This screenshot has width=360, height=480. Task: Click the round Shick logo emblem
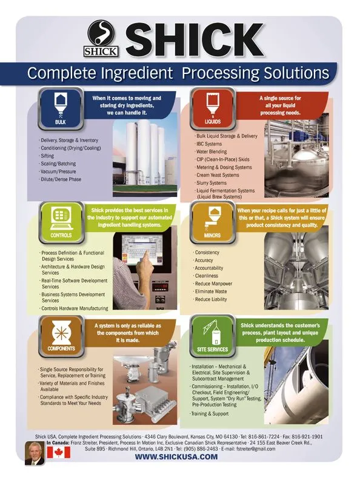pyautogui.click(x=101, y=33)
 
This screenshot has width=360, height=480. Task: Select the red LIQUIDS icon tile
pyautogui.click(x=213, y=108)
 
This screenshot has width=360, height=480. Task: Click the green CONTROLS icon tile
pyautogui.click(x=61, y=222)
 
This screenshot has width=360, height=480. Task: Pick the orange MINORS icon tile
pyautogui.click(x=212, y=222)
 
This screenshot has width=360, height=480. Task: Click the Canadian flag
pyautogui.click(x=58, y=452)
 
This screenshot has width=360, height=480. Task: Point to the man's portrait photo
pyautogui.click(x=35, y=453)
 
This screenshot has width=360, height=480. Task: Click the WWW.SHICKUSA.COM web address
pyautogui.click(x=176, y=457)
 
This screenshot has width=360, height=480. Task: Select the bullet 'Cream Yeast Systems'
pyautogui.click(x=218, y=175)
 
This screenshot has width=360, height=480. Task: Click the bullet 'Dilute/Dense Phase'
pyautogui.click(x=61, y=179)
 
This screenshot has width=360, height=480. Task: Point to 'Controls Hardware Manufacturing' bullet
pyautogui.click(x=75, y=308)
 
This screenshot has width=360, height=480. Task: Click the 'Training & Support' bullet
pyautogui.click(x=210, y=413)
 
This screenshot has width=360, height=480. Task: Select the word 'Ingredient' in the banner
pyautogui.click(x=137, y=73)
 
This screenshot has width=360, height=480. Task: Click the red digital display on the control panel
pyautogui.click(x=159, y=287)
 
